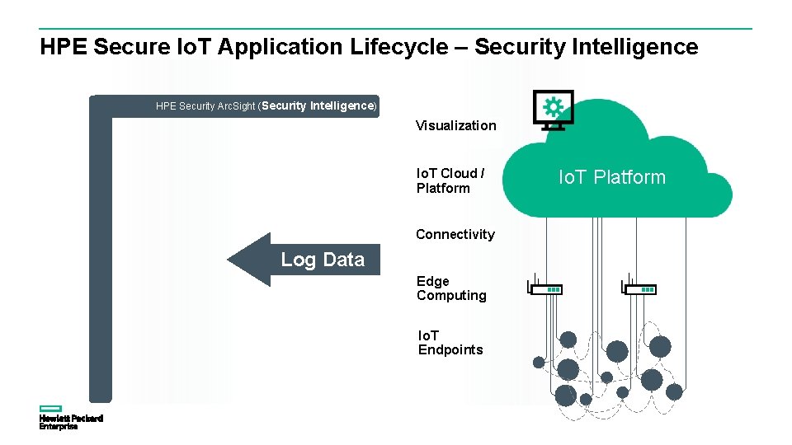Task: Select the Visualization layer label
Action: [455, 126]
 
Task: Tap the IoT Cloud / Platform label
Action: [450, 180]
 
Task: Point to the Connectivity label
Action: [455, 235]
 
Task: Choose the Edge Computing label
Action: [450, 288]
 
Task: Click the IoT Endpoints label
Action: [450, 343]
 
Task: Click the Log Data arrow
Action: [304, 260]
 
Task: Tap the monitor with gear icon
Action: [553, 110]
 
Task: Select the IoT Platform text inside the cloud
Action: [611, 177]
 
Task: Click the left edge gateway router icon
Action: [544, 288]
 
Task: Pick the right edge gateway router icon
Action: [639, 288]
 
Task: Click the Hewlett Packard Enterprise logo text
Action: [71, 422]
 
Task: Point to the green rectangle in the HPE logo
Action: [51, 408]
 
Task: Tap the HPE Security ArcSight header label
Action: [266, 106]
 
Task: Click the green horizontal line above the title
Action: [396, 29]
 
